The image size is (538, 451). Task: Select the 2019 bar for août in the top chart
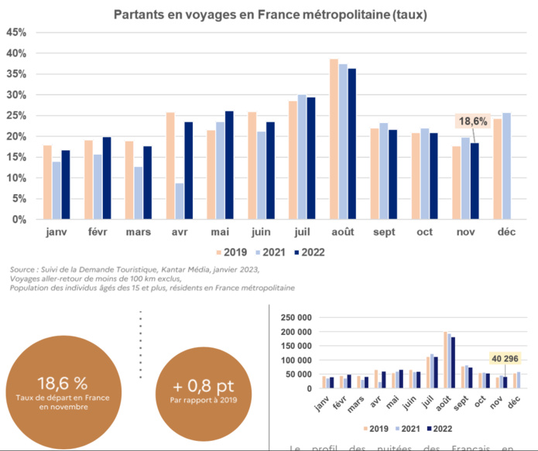point(334,139)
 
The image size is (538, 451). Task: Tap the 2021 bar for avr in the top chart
point(179,201)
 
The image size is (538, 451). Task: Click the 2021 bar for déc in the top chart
point(507,166)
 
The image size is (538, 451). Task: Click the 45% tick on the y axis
point(16,32)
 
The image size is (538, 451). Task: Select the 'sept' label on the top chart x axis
point(385,232)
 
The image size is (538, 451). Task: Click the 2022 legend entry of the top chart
point(307,252)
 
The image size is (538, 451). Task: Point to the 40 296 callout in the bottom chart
point(505,358)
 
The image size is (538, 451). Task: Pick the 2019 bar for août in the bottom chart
point(445,360)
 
